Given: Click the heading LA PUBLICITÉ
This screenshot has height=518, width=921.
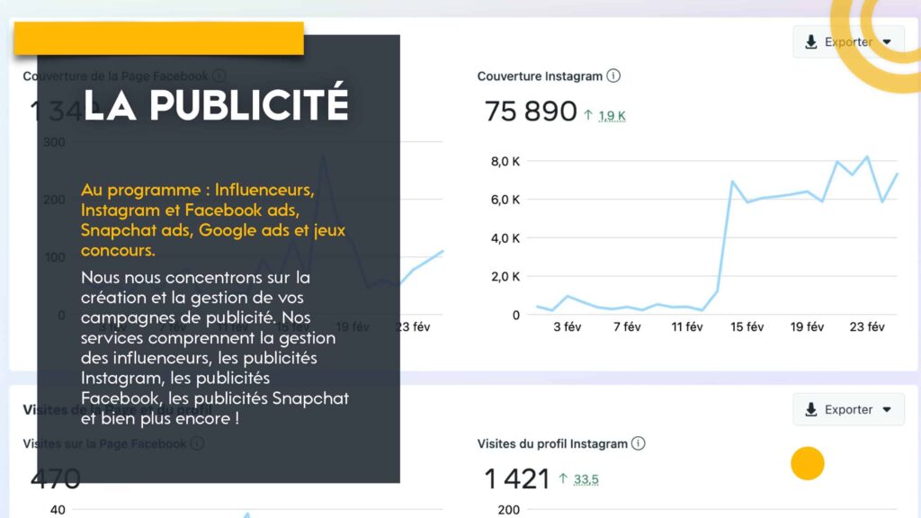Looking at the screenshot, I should (x=216, y=104).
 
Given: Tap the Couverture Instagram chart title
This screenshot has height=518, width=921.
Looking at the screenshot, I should (x=540, y=76).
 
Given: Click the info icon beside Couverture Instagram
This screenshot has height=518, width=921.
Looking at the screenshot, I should (x=613, y=76).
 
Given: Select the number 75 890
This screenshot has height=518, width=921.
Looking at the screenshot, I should (x=531, y=112).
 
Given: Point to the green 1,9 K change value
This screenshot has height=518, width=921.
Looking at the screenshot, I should (x=612, y=116).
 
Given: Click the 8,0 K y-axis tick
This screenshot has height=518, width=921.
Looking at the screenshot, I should (x=504, y=162).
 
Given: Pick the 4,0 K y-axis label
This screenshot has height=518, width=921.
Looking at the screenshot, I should (x=504, y=238).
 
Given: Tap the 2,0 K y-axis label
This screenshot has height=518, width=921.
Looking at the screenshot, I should (x=504, y=276).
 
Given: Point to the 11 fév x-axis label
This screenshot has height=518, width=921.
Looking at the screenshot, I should (x=687, y=327).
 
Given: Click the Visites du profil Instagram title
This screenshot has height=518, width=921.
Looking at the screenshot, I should (x=552, y=443).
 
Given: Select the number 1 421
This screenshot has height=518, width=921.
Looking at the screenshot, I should (x=517, y=479).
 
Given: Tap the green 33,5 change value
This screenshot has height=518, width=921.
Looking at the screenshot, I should (x=586, y=480).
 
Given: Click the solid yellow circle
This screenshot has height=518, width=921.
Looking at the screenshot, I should (x=808, y=464).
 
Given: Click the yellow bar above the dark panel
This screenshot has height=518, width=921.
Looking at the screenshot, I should (x=158, y=38).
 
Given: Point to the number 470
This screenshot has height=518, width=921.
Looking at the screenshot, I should (x=56, y=478).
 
